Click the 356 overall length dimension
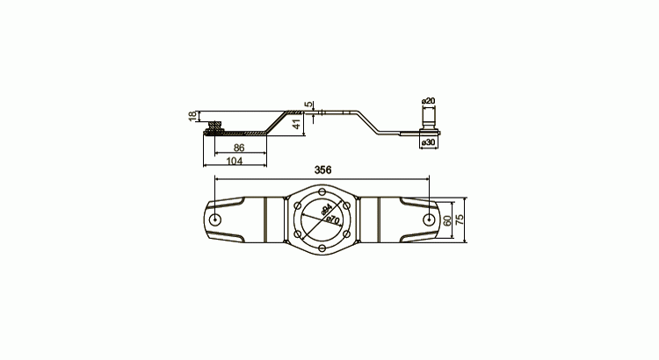click(x=322, y=169)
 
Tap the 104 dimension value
click(x=234, y=161)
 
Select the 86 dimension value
click(x=239, y=148)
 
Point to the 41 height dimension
click(x=297, y=124)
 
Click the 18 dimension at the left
click(x=192, y=117)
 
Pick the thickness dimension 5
click(x=309, y=104)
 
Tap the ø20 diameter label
click(x=428, y=101)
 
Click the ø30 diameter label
click(x=428, y=142)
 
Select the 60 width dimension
click(x=447, y=220)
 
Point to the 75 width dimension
click(x=460, y=220)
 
